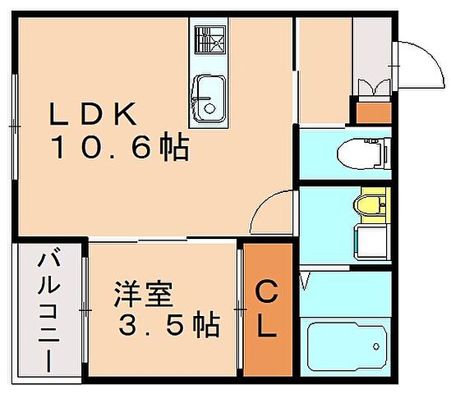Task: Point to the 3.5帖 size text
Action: point(168,327)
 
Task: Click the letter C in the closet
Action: point(266,291)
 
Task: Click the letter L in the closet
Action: point(266,328)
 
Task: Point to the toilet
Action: point(361,152)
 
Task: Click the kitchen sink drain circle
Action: point(209,108)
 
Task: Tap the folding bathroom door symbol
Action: point(306,283)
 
